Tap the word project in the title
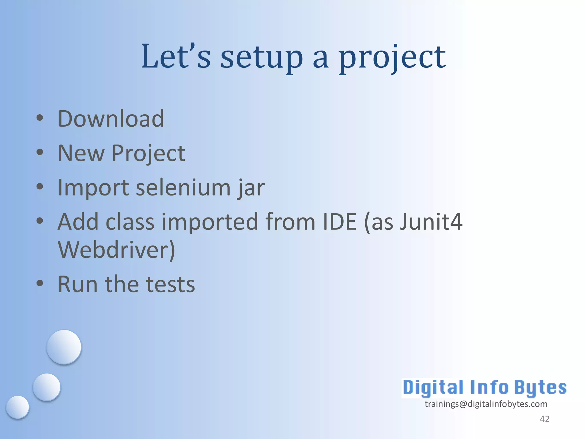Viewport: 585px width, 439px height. [392, 59]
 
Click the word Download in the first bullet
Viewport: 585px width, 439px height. [111, 119]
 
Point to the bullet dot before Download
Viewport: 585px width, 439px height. [40, 118]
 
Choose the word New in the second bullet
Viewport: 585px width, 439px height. [81, 153]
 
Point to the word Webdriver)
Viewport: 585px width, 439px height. [116, 250]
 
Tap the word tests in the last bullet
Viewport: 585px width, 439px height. [171, 284]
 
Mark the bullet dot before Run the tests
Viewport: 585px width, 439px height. [40, 284]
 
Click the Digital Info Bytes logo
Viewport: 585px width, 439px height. [484, 388]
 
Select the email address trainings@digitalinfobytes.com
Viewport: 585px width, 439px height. [486, 404]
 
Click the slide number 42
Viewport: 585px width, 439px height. [544, 419]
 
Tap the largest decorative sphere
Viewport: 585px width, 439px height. [64, 347]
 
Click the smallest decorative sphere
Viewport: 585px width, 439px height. [17, 407]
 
